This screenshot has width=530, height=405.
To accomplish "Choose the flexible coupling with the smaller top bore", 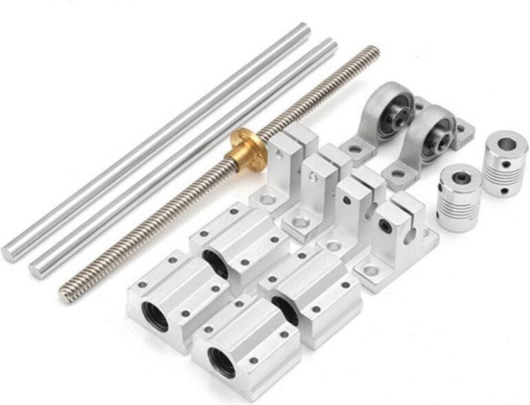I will pos(456,197).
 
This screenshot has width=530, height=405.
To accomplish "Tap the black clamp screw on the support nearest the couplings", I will pos(385,227).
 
